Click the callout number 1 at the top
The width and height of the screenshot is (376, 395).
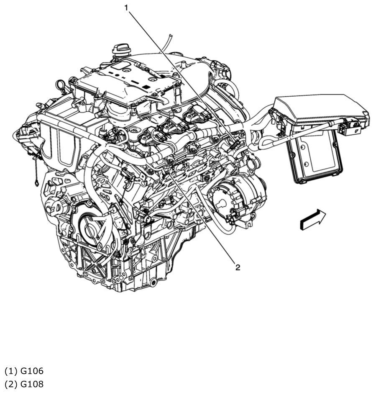[125, 8]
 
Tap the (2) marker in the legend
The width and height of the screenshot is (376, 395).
[10, 384]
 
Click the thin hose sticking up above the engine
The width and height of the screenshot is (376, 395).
[168, 42]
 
